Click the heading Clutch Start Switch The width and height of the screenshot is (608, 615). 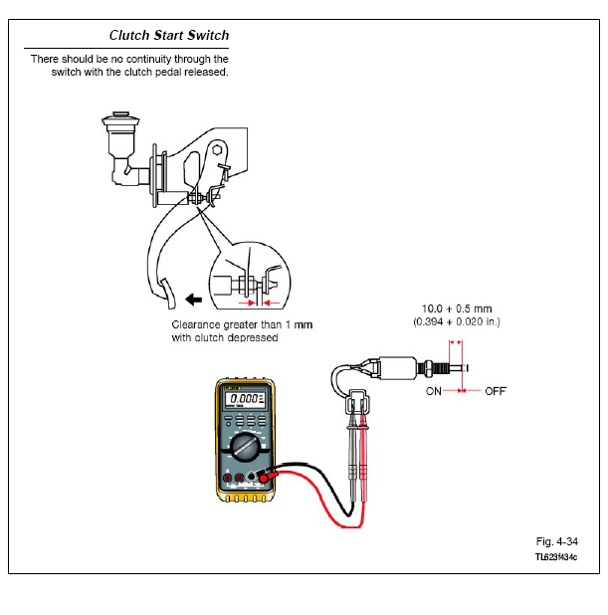(x=169, y=35)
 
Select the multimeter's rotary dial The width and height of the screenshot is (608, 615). (x=245, y=447)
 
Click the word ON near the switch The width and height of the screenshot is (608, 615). (x=434, y=391)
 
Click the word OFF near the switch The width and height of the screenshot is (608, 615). (x=496, y=391)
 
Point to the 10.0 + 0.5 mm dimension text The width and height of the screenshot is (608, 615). (x=457, y=308)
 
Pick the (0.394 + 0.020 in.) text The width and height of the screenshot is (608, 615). (x=457, y=322)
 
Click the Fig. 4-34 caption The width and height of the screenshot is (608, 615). (x=556, y=541)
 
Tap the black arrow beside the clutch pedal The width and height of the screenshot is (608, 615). (x=194, y=300)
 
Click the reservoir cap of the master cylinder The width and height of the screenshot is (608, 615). (x=120, y=118)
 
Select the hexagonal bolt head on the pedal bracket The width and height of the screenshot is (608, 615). (x=217, y=150)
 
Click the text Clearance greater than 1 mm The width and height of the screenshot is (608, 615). (x=242, y=324)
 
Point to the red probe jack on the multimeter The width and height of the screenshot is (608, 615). (x=264, y=479)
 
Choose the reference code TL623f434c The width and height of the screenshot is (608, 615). (x=556, y=557)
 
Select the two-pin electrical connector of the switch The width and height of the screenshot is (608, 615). (x=357, y=402)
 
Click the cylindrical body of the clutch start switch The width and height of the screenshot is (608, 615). (x=398, y=368)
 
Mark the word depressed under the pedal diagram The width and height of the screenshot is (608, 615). (x=253, y=338)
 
